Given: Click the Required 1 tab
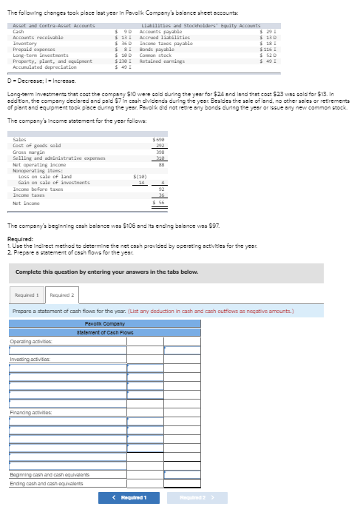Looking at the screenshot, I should point(26,295).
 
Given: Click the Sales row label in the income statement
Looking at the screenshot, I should point(20,139).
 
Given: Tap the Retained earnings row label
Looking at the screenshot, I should point(160,60).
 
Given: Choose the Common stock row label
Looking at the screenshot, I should point(154,54).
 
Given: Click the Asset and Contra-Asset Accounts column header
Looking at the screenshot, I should point(44,26).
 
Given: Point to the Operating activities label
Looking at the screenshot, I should point(31,341).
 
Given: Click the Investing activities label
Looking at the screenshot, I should point(30,358).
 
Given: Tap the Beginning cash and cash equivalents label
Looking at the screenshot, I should point(49,474).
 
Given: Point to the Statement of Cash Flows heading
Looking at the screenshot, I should point(103,332).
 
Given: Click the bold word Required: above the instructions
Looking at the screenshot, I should point(18,239).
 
